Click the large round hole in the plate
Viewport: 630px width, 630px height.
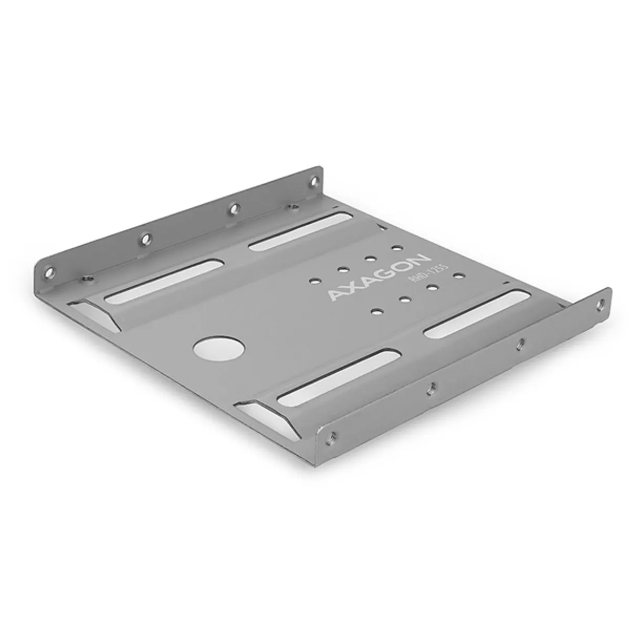tap(219, 348)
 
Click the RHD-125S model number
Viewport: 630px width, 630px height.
tap(421, 275)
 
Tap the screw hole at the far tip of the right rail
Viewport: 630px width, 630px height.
tap(601, 302)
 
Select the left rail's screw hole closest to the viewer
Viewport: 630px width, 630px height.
tap(49, 272)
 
